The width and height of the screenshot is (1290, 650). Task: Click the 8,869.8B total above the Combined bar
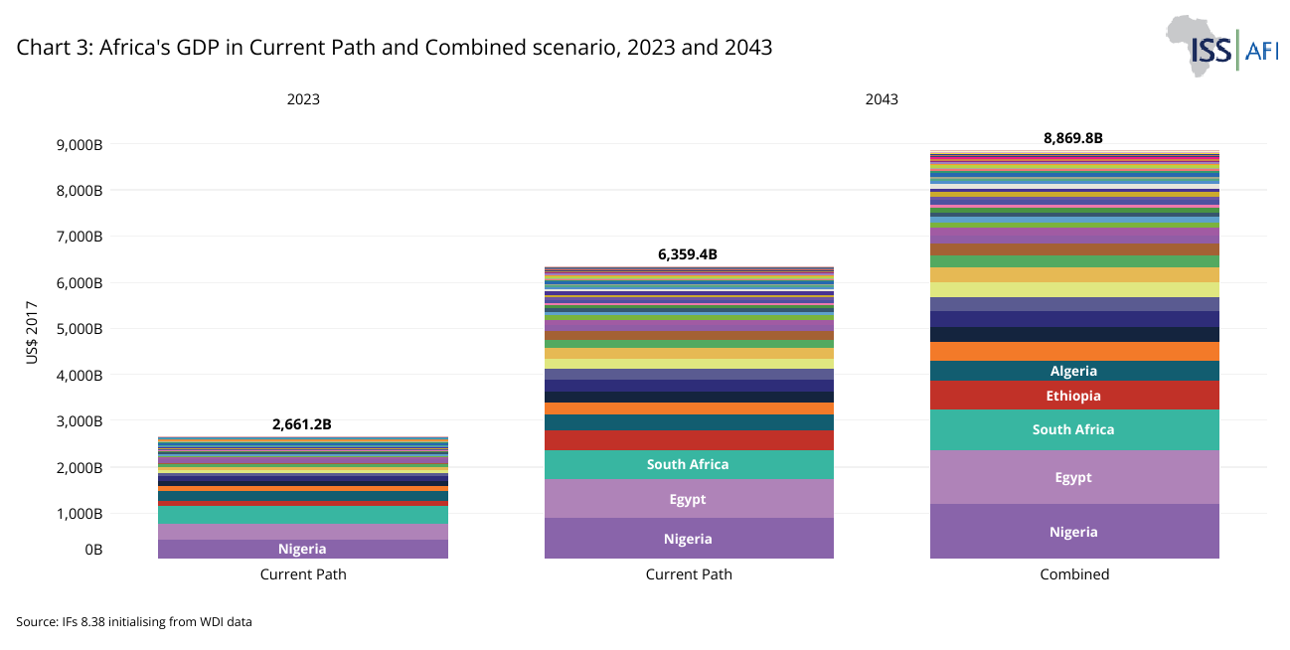(1073, 138)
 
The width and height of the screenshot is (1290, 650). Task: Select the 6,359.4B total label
(687, 254)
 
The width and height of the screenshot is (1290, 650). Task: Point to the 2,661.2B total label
(301, 424)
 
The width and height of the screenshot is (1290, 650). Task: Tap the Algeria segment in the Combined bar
(1073, 371)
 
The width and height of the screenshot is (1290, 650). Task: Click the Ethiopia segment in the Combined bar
(1073, 396)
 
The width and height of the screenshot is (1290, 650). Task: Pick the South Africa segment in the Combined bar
(1073, 429)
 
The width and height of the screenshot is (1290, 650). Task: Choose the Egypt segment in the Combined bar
(1073, 477)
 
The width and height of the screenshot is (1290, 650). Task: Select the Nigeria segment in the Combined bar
(1073, 532)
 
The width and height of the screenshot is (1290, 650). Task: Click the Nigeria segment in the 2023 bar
(302, 549)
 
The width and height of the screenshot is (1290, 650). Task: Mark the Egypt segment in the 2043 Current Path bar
(688, 499)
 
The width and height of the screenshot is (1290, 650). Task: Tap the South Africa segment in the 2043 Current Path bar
(688, 464)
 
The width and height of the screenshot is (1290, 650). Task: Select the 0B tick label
(92, 550)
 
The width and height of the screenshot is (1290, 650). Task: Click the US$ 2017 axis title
(33, 333)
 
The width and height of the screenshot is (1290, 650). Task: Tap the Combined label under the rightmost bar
(1073, 574)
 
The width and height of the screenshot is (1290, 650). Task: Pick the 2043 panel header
(881, 99)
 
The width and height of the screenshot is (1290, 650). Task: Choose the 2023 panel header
(303, 99)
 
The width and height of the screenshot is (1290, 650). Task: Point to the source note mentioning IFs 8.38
(134, 622)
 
